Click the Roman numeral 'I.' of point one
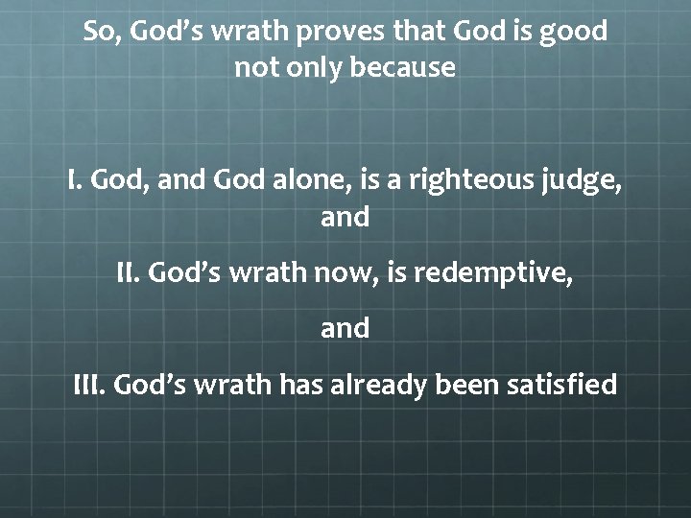(x=76, y=178)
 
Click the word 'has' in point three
(x=301, y=385)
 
